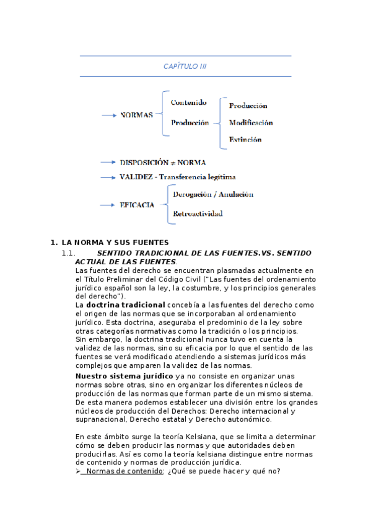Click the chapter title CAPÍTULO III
(x=185, y=66)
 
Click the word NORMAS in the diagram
(x=136, y=115)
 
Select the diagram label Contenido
(x=189, y=102)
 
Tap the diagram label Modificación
(x=251, y=123)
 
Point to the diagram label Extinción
(x=245, y=140)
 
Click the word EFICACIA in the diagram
(x=137, y=205)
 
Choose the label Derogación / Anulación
(x=213, y=195)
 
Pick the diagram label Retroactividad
(x=198, y=214)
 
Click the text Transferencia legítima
(x=197, y=177)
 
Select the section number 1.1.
(x=68, y=254)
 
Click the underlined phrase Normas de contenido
(x=124, y=471)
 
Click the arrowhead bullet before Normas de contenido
(x=78, y=471)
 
